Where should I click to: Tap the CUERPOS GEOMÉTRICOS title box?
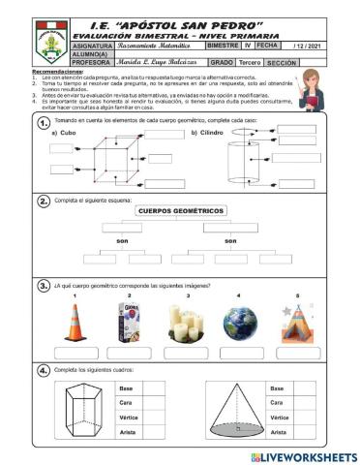(180, 210)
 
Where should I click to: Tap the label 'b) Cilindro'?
(207, 133)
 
